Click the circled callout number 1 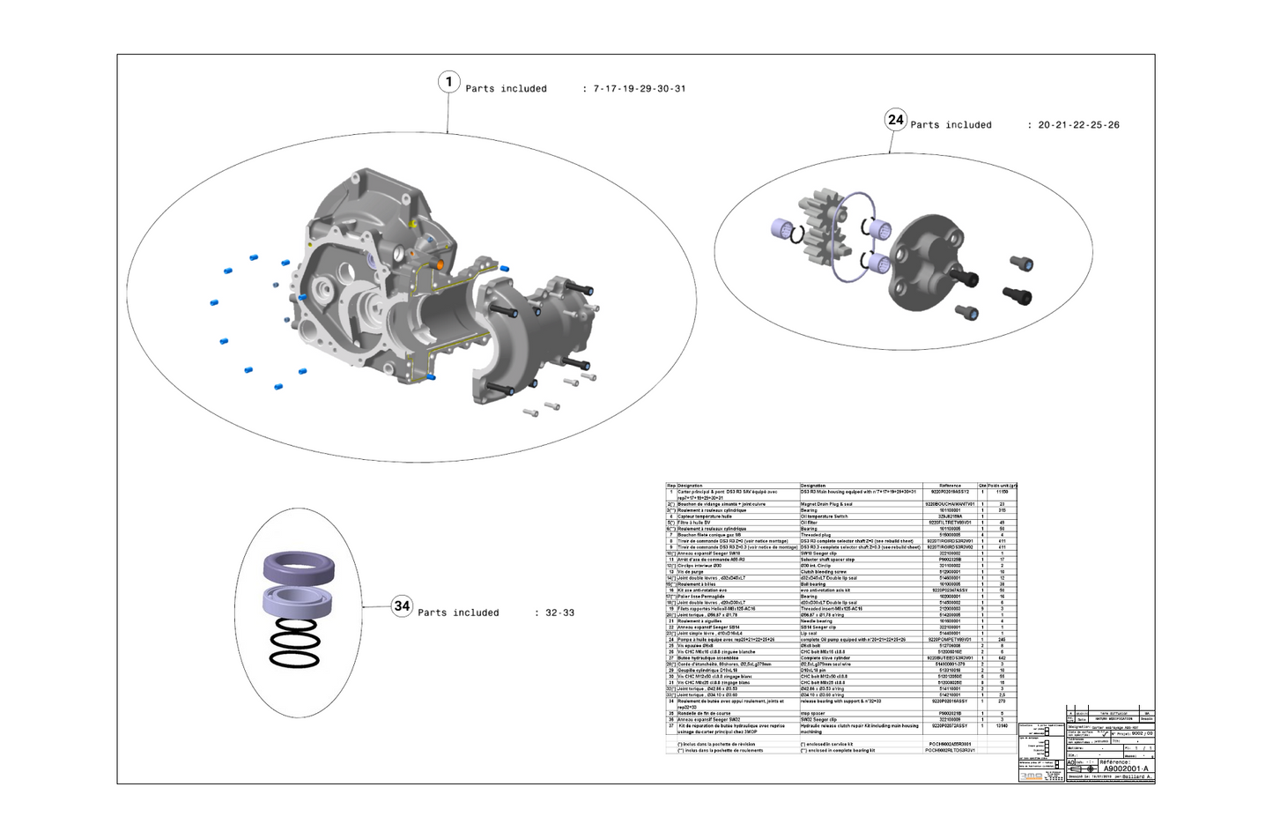pyautogui.click(x=448, y=82)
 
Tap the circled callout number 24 pyautogui.click(x=895, y=120)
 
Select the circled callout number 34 pyautogui.click(x=402, y=606)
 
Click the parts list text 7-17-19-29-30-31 pyautogui.click(x=639, y=89)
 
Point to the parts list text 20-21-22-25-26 pyautogui.click(x=1078, y=125)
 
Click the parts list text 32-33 pyautogui.click(x=559, y=613)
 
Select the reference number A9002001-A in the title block pyautogui.click(x=1126, y=769)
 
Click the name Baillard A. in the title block pyautogui.click(x=1136, y=777)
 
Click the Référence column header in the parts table pyautogui.click(x=950, y=486)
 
